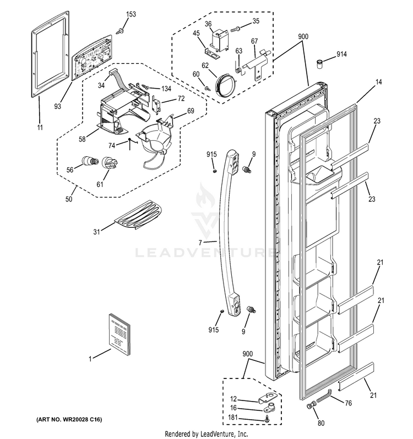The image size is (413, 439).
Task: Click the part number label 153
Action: [x=131, y=13]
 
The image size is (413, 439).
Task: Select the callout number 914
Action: [x=342, y=55]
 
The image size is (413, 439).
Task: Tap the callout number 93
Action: [x=58, y=106]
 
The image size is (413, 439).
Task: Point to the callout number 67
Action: [x=254, y=41]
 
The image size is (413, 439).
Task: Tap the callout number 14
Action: [x=363, y=83]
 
